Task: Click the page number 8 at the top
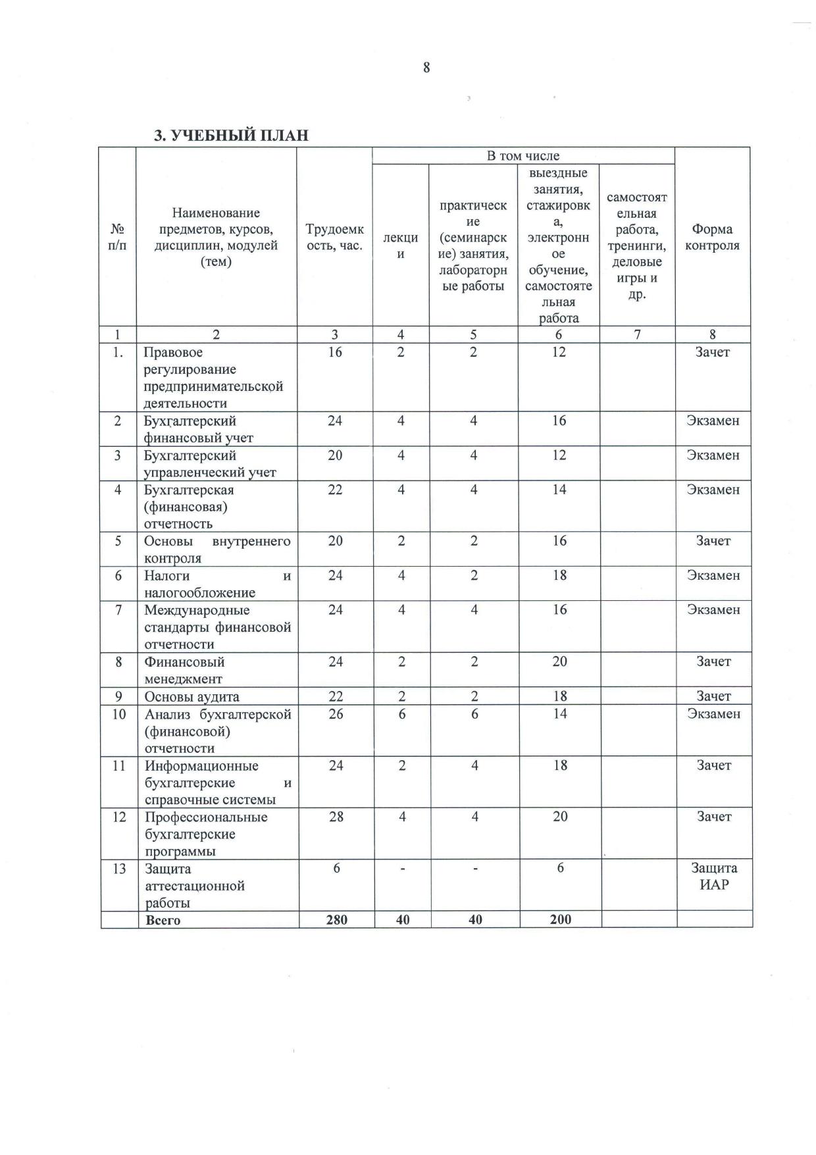coord(426,67)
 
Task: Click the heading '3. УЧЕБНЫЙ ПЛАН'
coord(231,136)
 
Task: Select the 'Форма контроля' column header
coord(712,238)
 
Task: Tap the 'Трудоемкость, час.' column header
coord(334,238)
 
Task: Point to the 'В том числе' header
coord(523,156)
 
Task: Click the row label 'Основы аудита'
coord(191,696)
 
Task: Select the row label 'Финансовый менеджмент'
coord(184,670)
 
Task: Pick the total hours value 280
coord(336,920)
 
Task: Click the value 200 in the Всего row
coord(561,920)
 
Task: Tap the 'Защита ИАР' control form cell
coord(714,876)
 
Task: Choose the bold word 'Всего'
coord(163,920)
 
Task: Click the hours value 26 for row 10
coord(336,714)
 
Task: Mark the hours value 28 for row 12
coord(336,817)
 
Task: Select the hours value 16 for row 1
coord(335,352)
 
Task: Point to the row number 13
coord(119,869)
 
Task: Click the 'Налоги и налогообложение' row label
coord(217,584)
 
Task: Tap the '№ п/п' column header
coord(117,238)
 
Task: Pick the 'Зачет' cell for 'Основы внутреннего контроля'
coord(713,541)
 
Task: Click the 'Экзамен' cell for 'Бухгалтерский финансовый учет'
coord(713,421)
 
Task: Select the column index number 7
coord(637,334)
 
